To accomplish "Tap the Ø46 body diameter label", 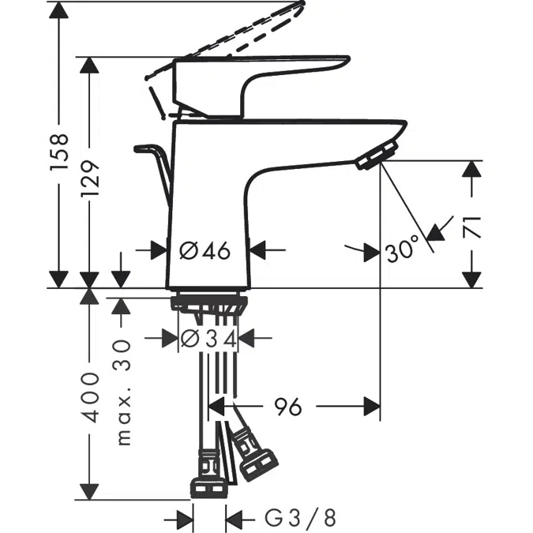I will pos(205,250).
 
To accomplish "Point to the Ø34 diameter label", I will pos(208,338).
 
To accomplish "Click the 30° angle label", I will pos(402,251).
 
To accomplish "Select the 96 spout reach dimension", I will pos(288,407).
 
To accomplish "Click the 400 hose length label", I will pos(92,396).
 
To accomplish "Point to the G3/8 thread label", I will pos(300,518).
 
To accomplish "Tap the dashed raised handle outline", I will pos(237,36).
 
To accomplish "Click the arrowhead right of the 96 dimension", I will pos(371,407).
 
